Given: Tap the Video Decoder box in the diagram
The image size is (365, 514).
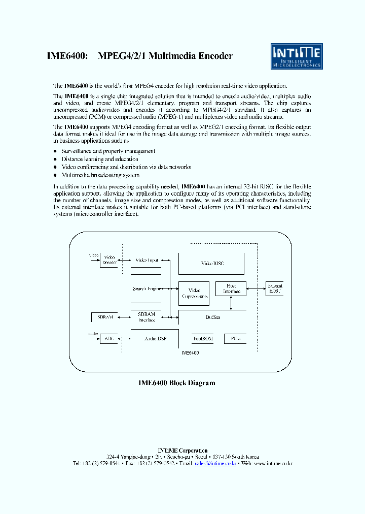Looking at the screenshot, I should click(109, 260).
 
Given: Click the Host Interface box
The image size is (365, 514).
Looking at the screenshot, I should click(231, 288).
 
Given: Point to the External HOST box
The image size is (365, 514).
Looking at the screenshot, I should click(275, 288).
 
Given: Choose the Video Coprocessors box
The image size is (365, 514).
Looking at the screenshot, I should click(194, 293).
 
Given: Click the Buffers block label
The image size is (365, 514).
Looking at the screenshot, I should click(213, 317).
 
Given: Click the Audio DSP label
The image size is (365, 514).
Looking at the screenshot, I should click(155, 338).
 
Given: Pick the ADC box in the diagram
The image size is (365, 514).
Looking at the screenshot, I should click(108, 338).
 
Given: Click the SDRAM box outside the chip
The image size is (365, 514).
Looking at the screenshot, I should click(104, 317).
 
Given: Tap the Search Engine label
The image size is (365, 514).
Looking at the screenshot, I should click(147, 288).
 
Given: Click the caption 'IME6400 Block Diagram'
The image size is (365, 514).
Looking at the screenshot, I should click(176, 383).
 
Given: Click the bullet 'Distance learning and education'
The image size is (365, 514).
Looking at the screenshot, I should click(100, 159).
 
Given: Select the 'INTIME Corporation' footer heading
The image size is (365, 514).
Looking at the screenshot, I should click(182, 451).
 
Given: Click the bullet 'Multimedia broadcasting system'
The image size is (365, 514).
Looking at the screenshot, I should click(100, 175).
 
